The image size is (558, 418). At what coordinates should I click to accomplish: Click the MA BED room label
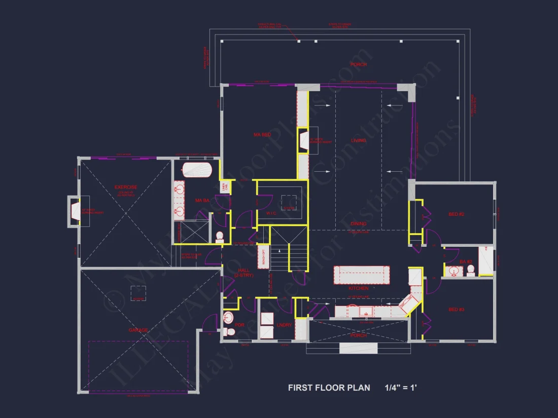[x=262, y=135]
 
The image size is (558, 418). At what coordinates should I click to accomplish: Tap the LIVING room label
[x=358, y=140]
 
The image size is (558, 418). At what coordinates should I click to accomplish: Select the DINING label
[x=358, y=223]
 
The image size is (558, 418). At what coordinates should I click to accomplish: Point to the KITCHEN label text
[x=358, y=288]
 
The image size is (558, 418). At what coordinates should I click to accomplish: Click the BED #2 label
[x=457, y=214]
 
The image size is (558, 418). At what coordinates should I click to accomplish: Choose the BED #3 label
[x=457, y=310]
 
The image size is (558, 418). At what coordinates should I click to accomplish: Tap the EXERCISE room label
[x=125, y=187]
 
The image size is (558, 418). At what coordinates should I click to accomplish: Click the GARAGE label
[x=138, y=330]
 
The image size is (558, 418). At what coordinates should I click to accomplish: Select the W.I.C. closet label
[x=271, y=213]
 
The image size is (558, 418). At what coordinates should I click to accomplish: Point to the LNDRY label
[x=284, y=325]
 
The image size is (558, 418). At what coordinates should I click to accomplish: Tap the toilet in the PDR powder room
[x=229, y=332]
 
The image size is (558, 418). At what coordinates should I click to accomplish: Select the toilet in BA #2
[x=471, y=269]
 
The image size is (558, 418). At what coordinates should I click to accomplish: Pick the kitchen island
[x=361, y=275]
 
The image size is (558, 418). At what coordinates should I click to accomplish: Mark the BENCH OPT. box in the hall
[x=263, y=257]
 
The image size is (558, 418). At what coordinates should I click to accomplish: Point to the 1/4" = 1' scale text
[x=401, y=388]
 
